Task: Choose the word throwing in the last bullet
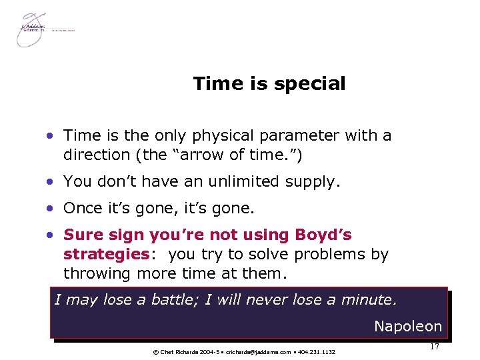97,273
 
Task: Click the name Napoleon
408,327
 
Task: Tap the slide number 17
434,347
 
